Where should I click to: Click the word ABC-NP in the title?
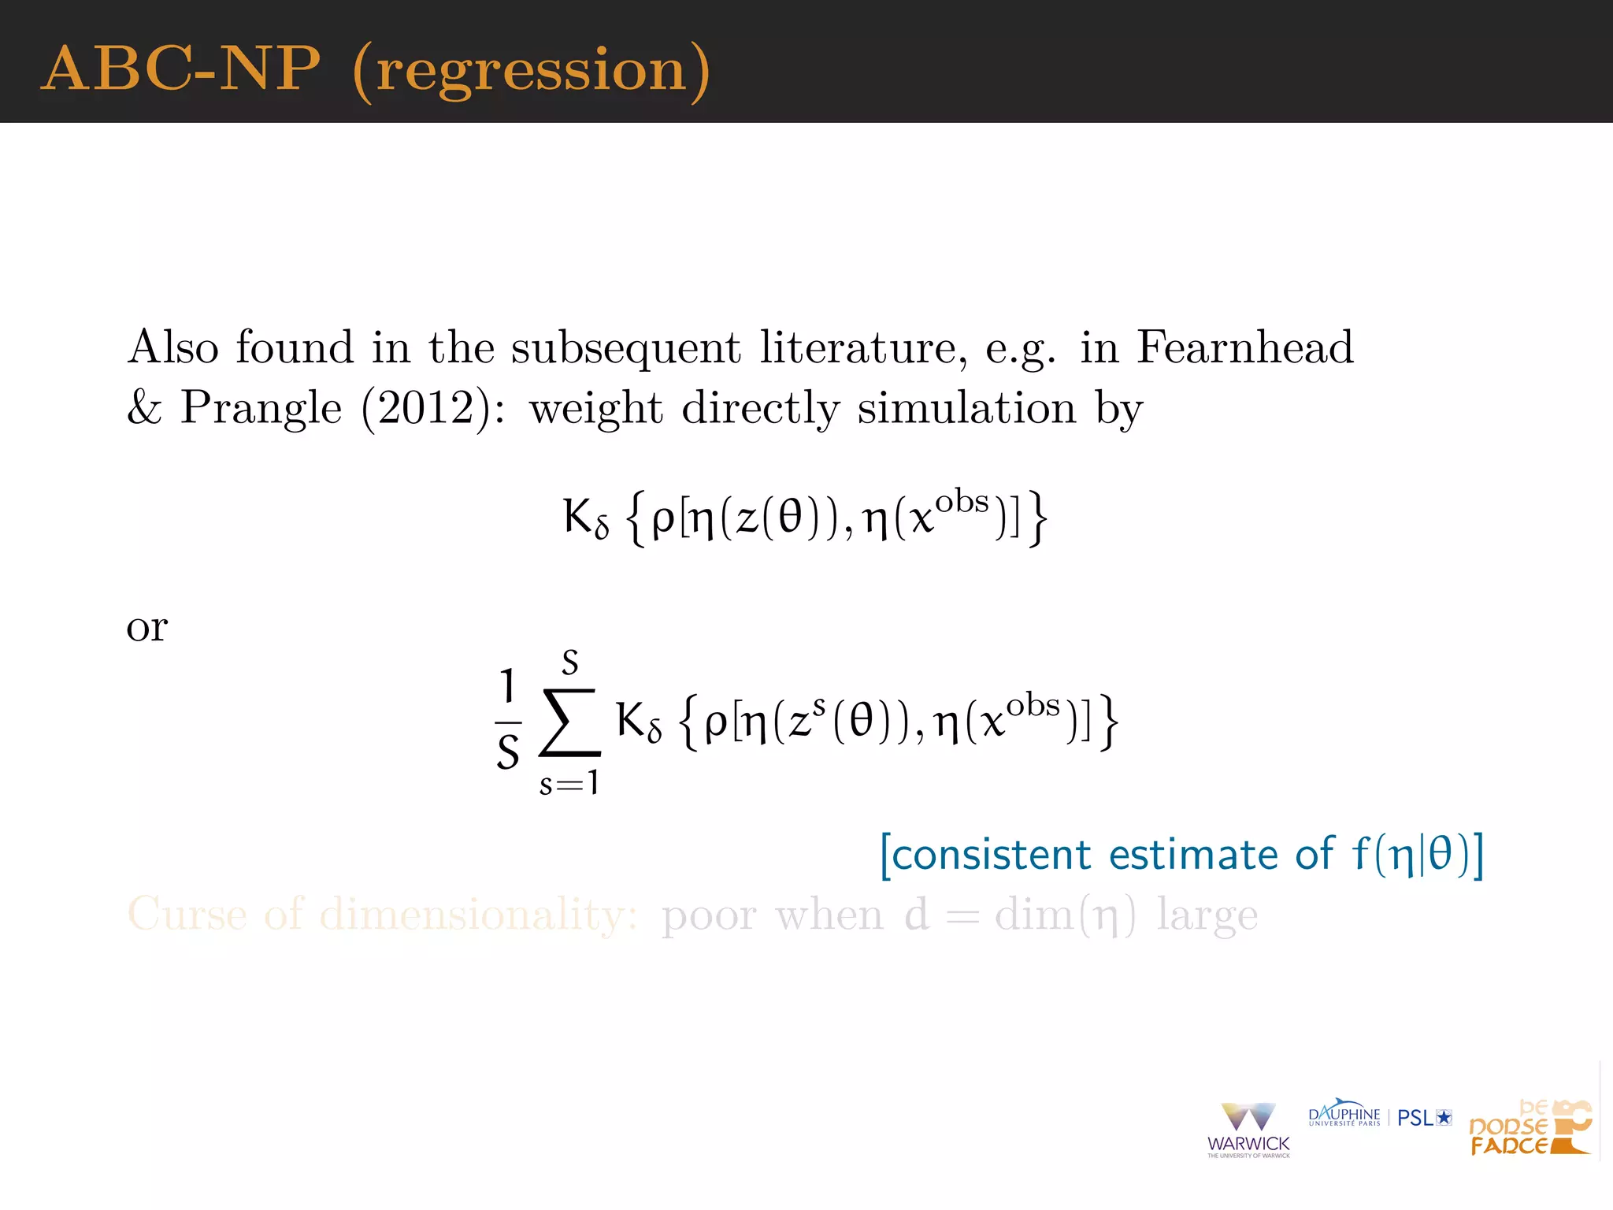point(180,69)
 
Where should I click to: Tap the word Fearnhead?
point(1244,347)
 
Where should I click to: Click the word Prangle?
point(261,408)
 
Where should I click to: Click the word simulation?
point(966,408)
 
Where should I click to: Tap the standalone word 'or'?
point(147,628)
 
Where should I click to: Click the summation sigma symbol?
point(569,722)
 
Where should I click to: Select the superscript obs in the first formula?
point(962,502)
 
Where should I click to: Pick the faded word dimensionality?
point(477,915)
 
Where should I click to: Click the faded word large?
point(1207,915)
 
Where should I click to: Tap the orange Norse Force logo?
point(1530,1128)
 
